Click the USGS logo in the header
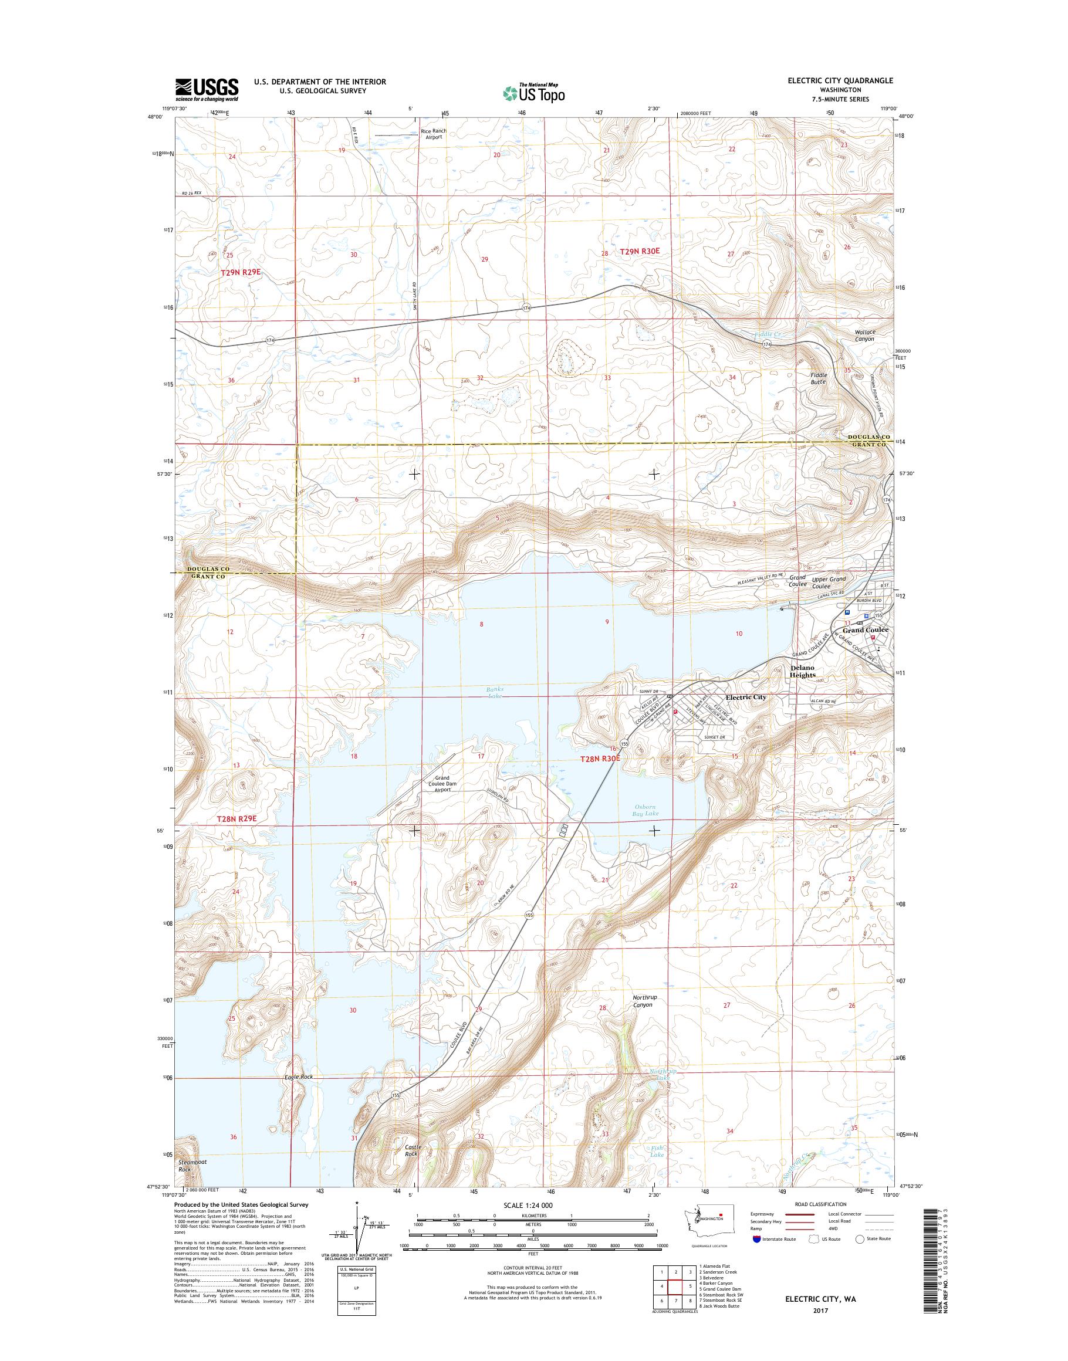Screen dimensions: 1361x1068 click(x=207, y=89)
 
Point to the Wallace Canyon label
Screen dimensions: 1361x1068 click(x=865, y=335)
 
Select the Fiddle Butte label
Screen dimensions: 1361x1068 click(x=819, y=378)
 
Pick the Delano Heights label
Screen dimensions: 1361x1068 click(x=802, y=672)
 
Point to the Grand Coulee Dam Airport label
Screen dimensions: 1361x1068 click(x=442, y=783)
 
